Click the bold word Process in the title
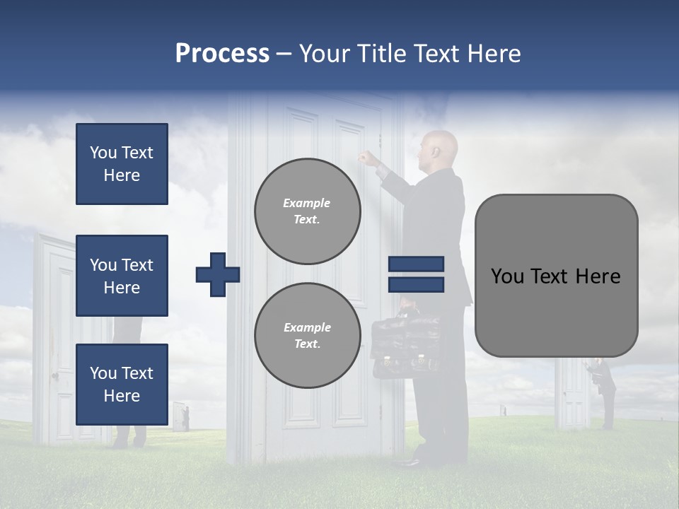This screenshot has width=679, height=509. pyautogui.click(x=222, y=54)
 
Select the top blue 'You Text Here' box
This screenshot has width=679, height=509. pyautogui.click(x=122, y=164)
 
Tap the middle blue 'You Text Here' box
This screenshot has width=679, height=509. pyautogui.click(x=122, y=276)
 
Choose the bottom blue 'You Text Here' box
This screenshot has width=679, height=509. pyautogui.click(x=122, y=385)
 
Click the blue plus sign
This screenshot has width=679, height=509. pyautogui.click(x=218, y=274)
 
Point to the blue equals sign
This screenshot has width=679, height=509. pyautogui.click(x=416, y=274)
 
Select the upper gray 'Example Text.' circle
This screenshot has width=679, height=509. pyautogui.click(x=307, y=211)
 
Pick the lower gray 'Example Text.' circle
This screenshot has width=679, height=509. pyautogui.click(x=307, y=336)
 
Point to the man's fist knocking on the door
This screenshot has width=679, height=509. pyautogui.click(x=365, y=158)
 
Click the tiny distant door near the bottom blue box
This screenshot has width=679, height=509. pyautogui.click(x=181, y=416)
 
